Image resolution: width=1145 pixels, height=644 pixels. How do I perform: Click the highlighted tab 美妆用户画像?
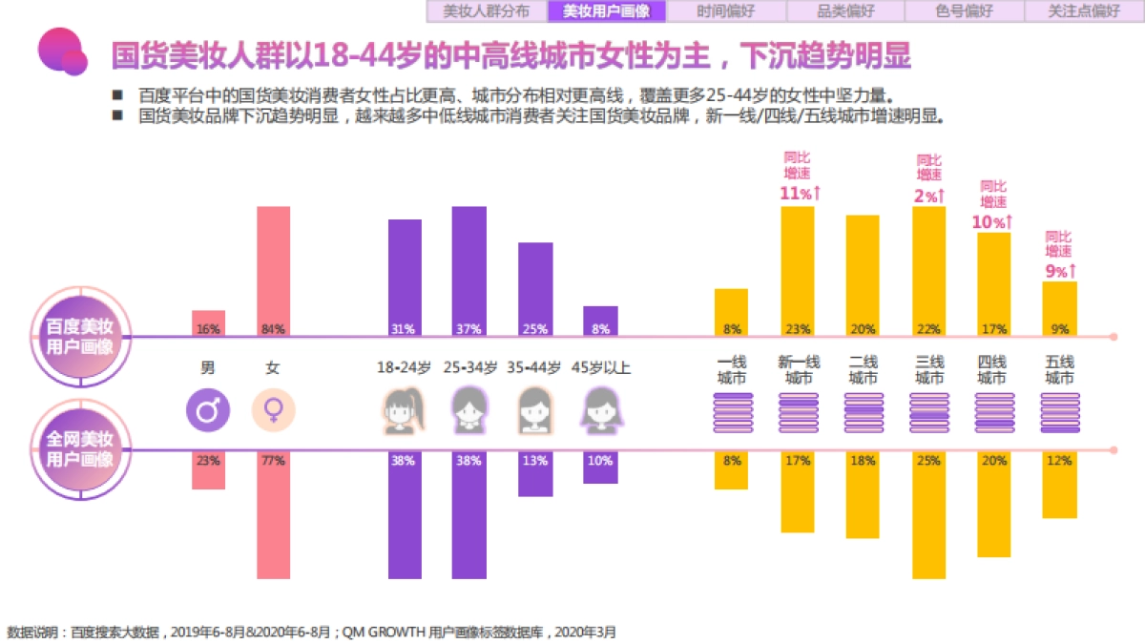(x=606, y=11)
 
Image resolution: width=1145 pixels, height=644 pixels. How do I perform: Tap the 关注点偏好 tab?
(x=1084, y=11)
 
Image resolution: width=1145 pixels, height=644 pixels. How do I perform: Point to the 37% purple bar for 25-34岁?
(x=468, y=271)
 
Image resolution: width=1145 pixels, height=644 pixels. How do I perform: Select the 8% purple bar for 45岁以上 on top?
(x=600, y=321)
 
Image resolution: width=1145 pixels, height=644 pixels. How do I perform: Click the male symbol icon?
(x=207, y=411)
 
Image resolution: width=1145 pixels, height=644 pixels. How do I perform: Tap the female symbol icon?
(x=273, y=411)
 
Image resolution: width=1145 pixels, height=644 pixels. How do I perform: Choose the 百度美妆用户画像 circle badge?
(x=80, y=336)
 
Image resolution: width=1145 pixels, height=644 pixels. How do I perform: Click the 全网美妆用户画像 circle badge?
(x=80, y=449)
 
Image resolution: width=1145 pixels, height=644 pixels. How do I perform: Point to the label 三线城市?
(x=928, y=370)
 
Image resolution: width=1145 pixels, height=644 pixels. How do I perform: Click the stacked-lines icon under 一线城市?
(x=732, y=413)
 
